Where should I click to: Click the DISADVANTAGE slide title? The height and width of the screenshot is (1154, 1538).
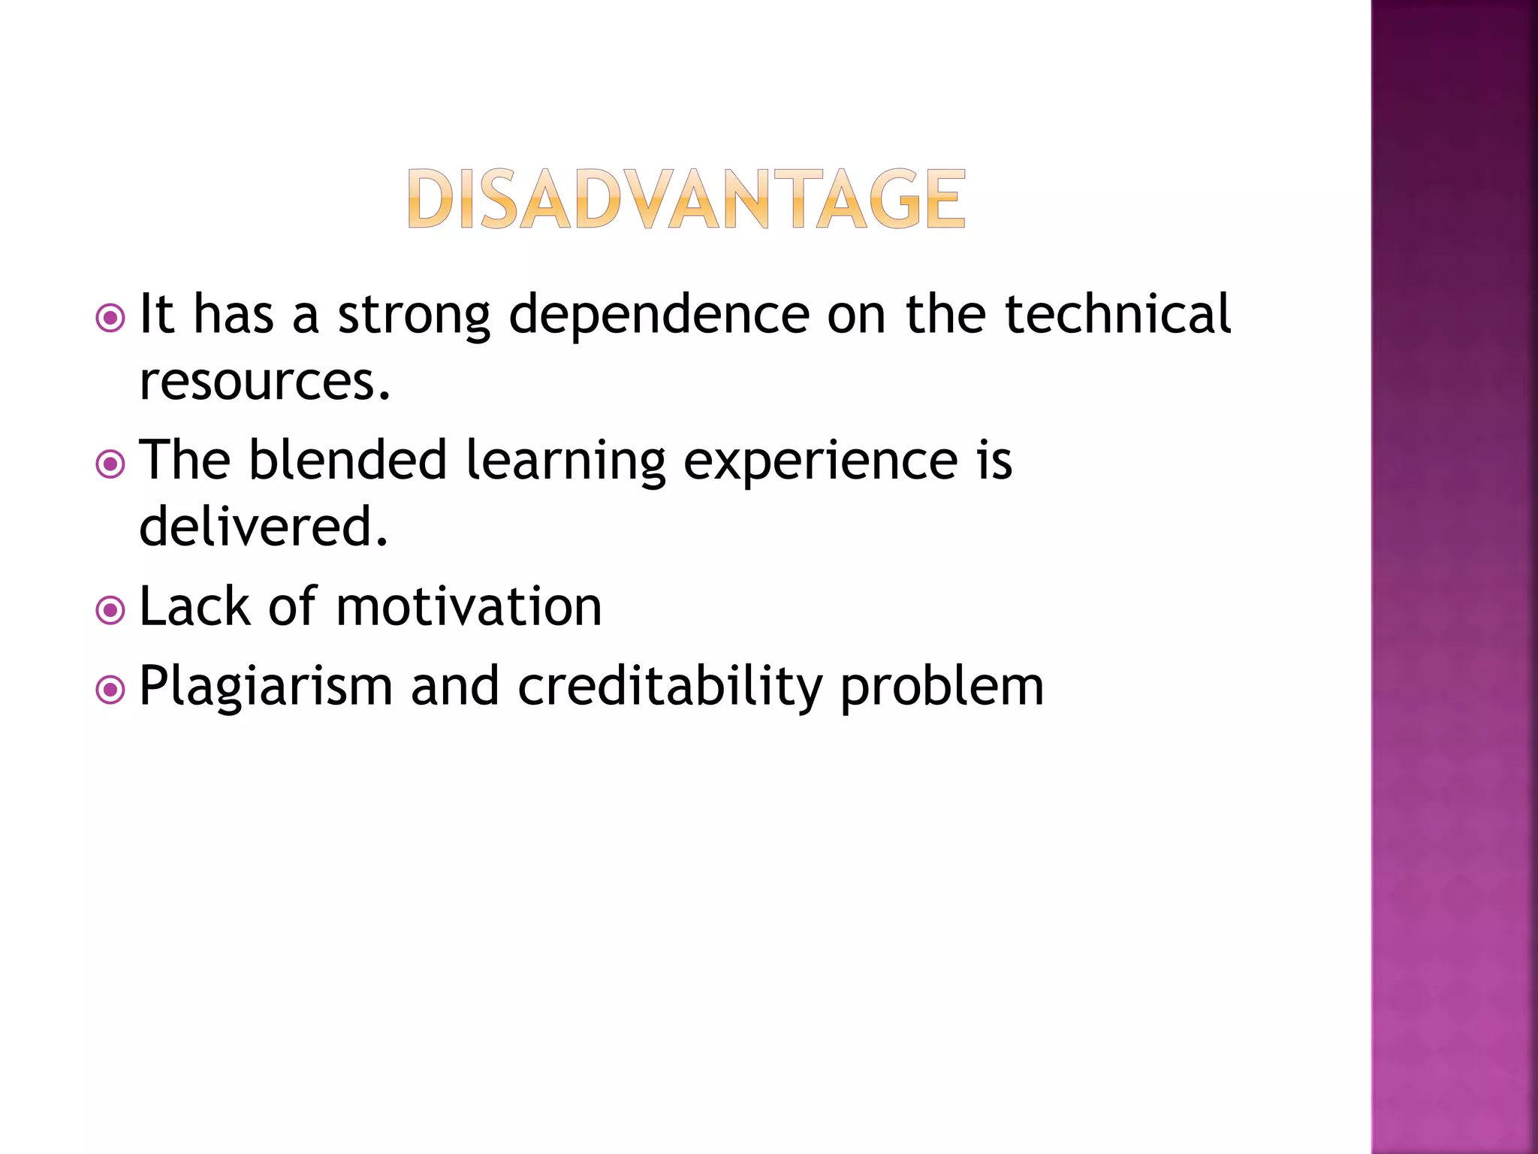point(686,198)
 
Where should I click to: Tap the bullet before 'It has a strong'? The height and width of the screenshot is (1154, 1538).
point(111,318)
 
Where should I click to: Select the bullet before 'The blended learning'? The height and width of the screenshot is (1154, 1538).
point(111,464)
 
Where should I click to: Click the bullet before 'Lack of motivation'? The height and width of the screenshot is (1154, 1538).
point(111,610)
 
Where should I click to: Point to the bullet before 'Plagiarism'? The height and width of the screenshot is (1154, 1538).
point(111,689)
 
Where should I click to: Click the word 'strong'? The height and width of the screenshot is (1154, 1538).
point(414,316)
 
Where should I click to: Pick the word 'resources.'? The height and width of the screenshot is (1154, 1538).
point(265,382)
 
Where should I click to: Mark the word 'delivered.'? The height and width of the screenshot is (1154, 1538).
point(264,526)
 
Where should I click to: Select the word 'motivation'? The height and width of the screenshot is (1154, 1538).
point(469,606)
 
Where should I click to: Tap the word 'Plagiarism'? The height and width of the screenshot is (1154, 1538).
point(266,687)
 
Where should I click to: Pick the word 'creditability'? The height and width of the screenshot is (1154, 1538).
point(670,687)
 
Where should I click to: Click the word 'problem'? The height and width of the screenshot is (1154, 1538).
point(942,687)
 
